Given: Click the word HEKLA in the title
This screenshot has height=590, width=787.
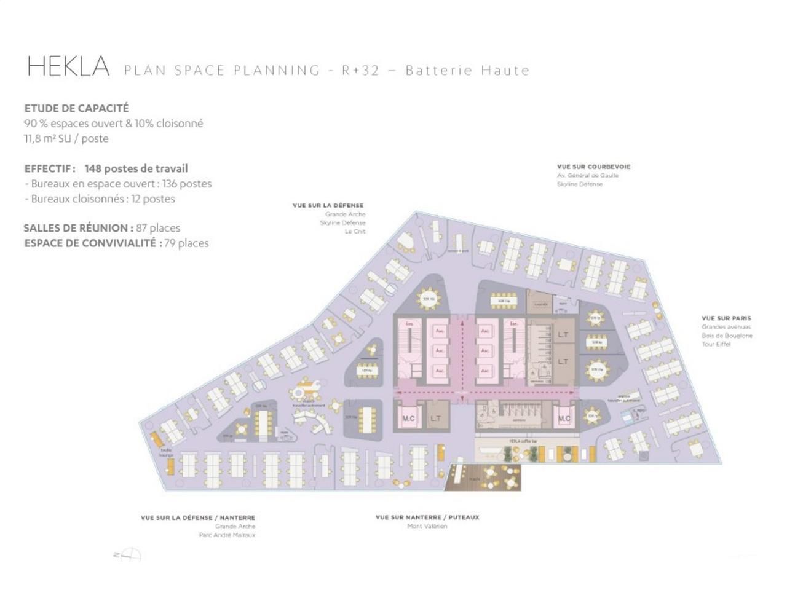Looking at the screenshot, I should [x=68, y=67].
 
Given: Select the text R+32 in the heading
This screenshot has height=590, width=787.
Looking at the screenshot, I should [x=361, y=70].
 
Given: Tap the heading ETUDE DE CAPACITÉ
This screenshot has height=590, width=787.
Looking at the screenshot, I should [x=76, y=108].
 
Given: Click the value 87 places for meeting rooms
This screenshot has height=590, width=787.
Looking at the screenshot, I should [x=158, y=228].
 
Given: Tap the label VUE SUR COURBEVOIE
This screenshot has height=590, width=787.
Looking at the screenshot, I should [x=593, y=167].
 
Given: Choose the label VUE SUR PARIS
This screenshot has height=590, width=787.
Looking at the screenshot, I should [x=726, y=318].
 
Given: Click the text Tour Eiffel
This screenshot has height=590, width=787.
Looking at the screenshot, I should [x=716, y=344].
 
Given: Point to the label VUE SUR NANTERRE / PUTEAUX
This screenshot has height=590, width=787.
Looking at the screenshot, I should [x=427, y=517].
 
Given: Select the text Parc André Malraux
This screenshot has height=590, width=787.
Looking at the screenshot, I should [x=227, y=535].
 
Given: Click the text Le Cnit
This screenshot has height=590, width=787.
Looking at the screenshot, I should [x=355, y=232].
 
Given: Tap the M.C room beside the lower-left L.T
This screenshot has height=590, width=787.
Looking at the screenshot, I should [x=408, y=419].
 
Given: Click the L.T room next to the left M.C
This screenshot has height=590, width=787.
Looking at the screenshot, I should [x=435, y=419].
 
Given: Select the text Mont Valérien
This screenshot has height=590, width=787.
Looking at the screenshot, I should [x=427, y=526].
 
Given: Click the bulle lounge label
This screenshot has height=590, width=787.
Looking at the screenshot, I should [x=166, y=452].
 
